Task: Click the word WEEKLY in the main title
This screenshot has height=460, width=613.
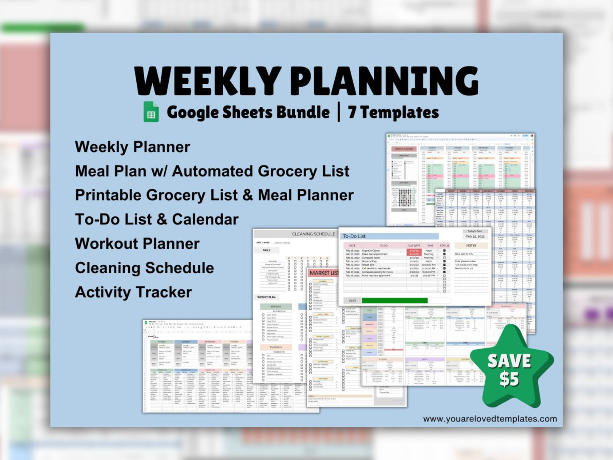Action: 207,81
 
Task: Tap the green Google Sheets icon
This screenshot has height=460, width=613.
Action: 151,112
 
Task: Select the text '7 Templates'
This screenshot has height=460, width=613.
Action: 393,112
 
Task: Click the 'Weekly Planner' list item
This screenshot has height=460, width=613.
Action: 132,147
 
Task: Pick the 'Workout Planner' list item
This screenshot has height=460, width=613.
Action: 137,244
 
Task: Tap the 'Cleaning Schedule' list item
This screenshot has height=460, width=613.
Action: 144,268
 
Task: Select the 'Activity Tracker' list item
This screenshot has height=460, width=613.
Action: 133,292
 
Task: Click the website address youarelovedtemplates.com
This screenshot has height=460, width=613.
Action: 490,419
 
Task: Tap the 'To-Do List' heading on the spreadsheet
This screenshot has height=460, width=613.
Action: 354,236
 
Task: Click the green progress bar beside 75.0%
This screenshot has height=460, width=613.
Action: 395,300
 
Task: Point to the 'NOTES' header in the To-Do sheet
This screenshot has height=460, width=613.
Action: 471,245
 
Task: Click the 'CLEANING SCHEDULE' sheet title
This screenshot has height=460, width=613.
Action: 313,234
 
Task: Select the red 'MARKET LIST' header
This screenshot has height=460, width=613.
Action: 324,273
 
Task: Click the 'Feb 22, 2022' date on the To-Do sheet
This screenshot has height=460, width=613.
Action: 475,236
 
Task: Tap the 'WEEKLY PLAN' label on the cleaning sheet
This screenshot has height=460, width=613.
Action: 266,297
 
